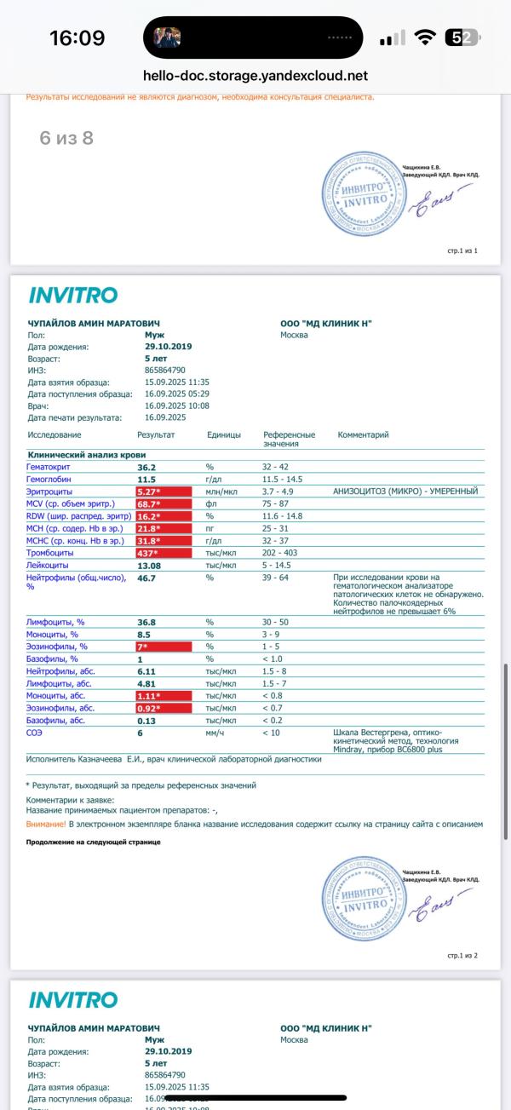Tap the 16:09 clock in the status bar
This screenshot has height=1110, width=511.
coord(77,38)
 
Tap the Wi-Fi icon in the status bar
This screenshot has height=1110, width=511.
coord(424,38)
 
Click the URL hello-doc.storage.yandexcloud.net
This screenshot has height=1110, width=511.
coord(255,76)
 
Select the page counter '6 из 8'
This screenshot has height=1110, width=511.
coord(66,138)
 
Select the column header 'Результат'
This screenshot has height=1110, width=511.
coord(156,434)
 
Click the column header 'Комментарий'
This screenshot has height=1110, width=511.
coord(363,434)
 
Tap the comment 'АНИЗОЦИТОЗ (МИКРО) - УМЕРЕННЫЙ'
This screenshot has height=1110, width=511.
coord(407,492)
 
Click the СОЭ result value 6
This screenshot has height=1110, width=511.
coord(140,732)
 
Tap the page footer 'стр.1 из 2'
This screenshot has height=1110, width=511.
coord(462,955)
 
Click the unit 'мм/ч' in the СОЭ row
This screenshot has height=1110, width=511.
coord(215,732)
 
